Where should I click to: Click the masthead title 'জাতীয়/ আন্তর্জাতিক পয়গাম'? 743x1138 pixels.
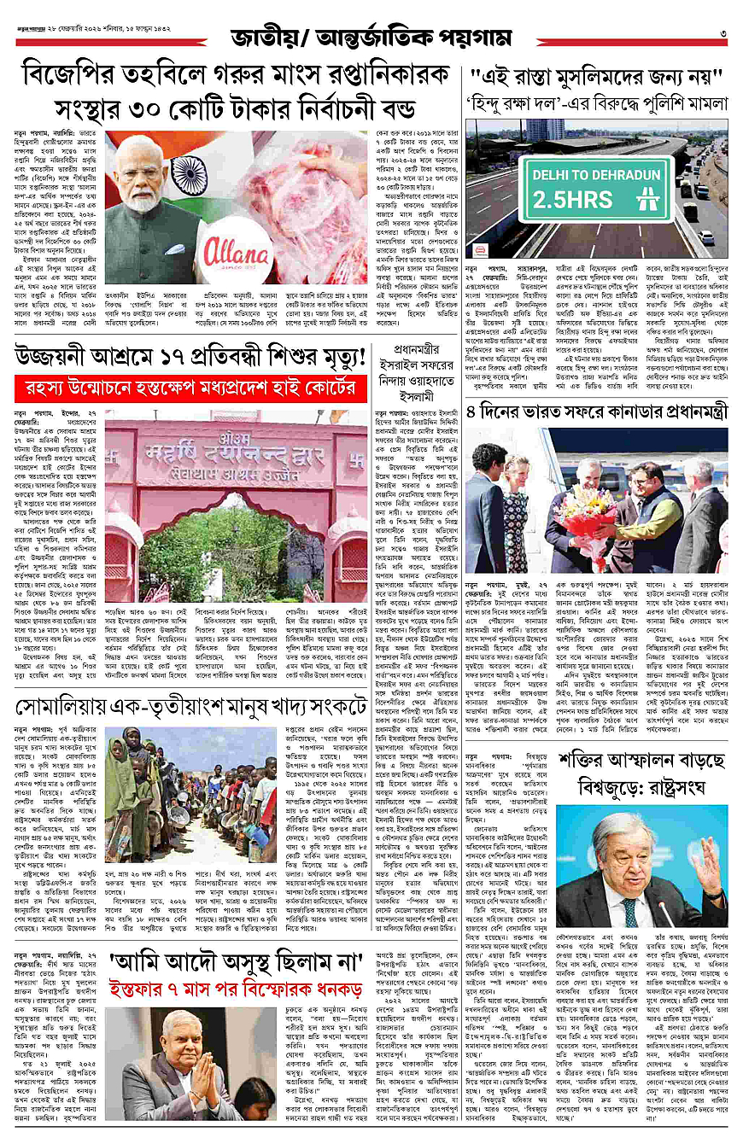click(371, 38)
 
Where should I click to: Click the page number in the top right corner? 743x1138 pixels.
click(723, 34)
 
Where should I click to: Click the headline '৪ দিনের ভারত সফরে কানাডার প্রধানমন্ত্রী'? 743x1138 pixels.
click(596, 411)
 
